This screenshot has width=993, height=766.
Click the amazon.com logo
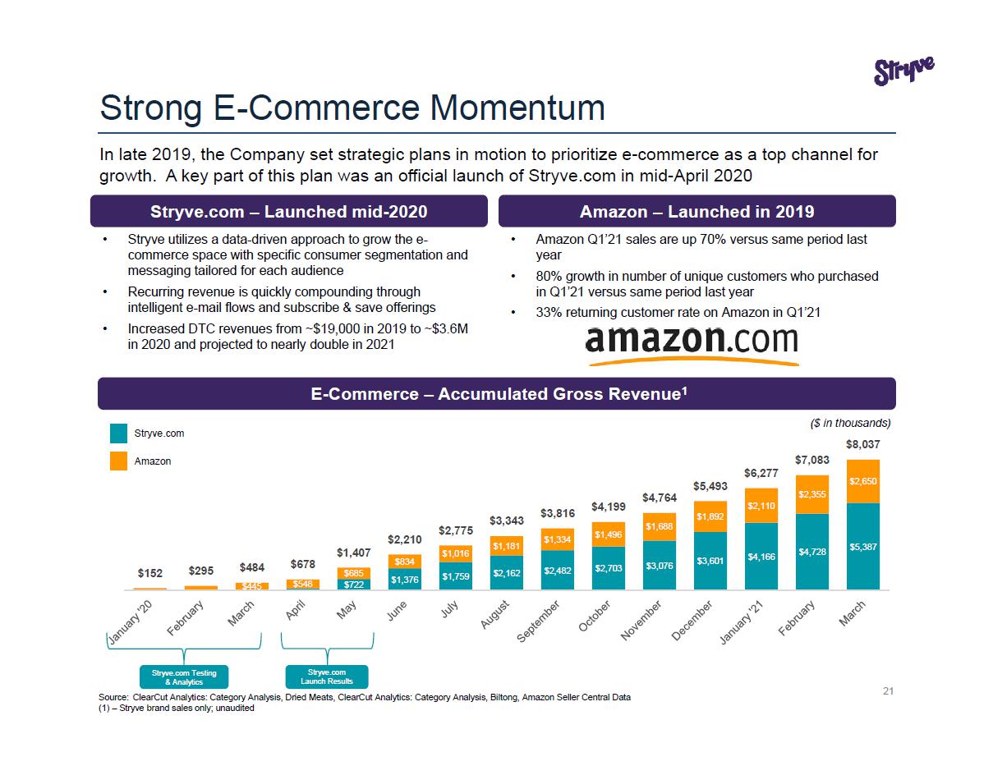click(692, 344)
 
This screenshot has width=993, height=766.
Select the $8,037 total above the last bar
click(862, 444)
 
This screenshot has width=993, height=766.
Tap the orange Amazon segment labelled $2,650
click(862, 481)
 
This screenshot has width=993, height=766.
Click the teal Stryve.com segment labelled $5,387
click(862, 545)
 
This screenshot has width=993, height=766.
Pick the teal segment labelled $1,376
click(405, 579)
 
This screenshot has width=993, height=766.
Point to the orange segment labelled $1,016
click(456, 554)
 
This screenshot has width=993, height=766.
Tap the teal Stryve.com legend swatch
click(119, 433)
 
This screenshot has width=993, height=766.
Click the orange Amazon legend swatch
click(119, 461)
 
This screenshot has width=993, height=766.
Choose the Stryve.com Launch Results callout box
click(327, 677)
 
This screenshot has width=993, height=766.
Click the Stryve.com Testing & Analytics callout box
click(184, 677)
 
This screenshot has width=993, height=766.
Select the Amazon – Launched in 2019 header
click(696, 211)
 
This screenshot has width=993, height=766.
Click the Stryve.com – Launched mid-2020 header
click(289, 211)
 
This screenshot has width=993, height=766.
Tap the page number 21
click(888, 692)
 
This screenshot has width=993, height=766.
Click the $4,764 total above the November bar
click(660, 497)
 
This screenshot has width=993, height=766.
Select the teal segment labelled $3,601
click(710, 561)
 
